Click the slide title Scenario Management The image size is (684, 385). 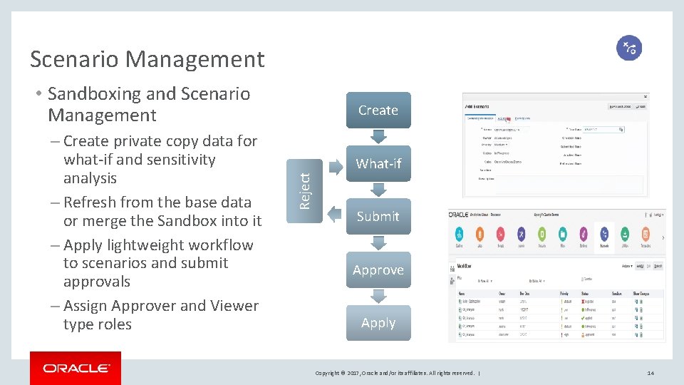(147, 59)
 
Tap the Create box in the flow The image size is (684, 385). (378, 111)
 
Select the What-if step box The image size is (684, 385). (378, 163)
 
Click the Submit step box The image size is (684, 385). (378, 217)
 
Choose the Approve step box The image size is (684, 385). (378, 270)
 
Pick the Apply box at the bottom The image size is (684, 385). (378, 323)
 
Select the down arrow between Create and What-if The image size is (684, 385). (378, 136)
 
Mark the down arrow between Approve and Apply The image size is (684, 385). (378, 296)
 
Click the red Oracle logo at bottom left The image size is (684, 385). (76, 369)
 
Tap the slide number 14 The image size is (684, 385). (650, 373)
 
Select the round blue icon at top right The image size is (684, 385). (629, 48)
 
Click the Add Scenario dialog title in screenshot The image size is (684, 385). (482, 106)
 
